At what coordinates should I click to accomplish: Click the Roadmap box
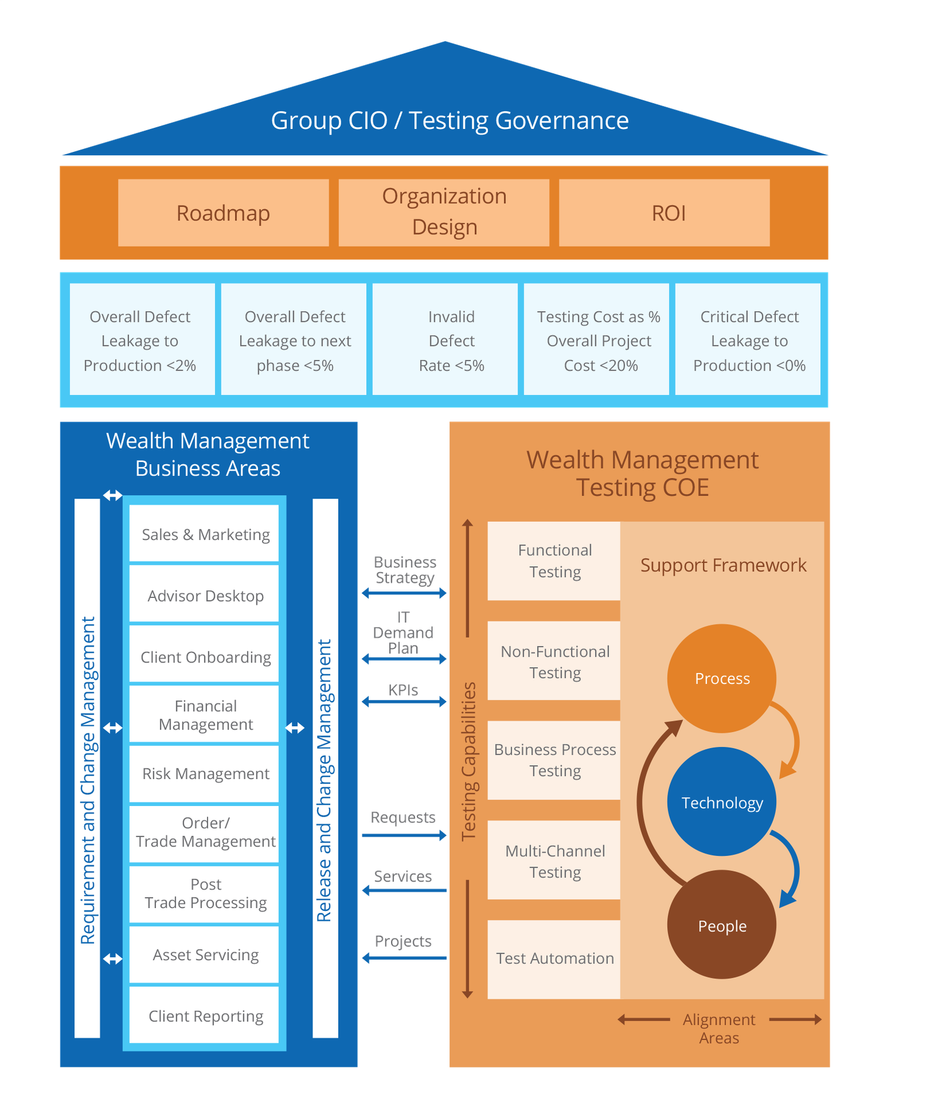(x=223, y=213)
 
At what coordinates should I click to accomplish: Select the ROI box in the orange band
(x=664, y=213)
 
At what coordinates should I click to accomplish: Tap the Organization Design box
(x=444, y=212)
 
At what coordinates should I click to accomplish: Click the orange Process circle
(x=722, y=678)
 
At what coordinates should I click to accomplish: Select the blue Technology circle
(x=722, y=802)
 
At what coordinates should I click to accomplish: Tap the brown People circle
(x=722, y=925)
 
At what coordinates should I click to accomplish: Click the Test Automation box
(x=554, y=958)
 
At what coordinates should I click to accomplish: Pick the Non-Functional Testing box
(x=554, y=661)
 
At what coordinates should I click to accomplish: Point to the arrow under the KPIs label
(x=404, y=702)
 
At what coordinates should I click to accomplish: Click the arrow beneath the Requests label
(x=404, y=835)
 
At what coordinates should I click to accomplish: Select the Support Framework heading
(x=723, y=565)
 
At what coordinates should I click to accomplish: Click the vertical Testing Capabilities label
(x=468, y=761)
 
